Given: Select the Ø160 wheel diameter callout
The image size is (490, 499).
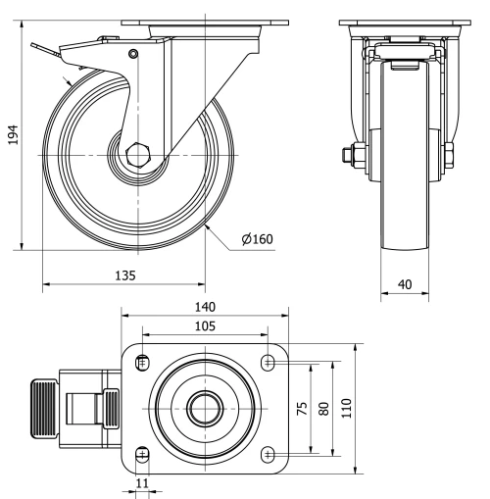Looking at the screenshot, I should coord(258,238).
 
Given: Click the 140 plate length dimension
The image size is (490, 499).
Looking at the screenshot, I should coord(204,306).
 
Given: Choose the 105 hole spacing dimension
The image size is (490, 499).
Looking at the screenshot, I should coord(204,325).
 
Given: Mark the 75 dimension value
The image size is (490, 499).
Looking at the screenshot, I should coord(302,408).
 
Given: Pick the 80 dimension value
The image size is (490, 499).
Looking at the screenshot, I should coord(322,408).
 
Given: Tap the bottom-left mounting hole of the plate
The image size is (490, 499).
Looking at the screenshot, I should coord(143,453).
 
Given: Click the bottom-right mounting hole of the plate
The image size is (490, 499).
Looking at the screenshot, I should coord(269,453).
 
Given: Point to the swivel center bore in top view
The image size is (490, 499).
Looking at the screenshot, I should coord(205,408).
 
